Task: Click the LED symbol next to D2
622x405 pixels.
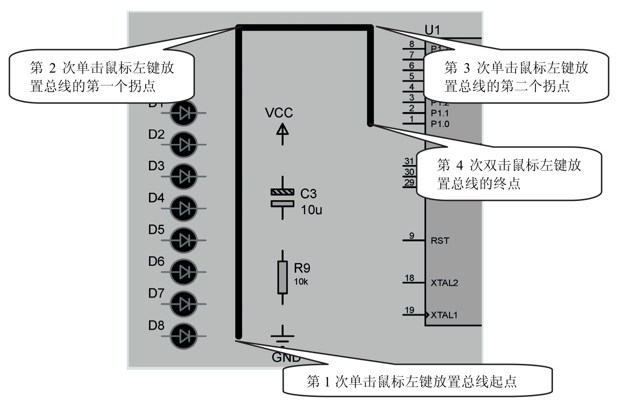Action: point(184,145)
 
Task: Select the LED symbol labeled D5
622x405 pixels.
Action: point(184,240)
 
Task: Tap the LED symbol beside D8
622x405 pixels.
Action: point(184,335)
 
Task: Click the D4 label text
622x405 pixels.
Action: point(156,198)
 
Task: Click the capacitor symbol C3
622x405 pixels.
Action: point(282,198)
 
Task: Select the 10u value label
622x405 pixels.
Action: point(311,210)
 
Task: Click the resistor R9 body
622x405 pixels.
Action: point(283,277)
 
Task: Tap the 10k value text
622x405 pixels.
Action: point(301,282)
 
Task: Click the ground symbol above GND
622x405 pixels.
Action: point(283,337)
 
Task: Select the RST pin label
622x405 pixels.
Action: point(440,241)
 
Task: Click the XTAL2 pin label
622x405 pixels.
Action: point(444,283)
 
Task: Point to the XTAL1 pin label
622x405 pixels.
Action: point(444,315)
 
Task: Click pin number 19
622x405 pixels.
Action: point(409,310)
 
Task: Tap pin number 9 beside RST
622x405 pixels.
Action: point(411,236)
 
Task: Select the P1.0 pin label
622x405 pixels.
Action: point(440,124)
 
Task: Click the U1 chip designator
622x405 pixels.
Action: point(432,30)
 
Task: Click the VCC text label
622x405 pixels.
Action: point(279,113)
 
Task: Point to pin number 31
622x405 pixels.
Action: point(409,161)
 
